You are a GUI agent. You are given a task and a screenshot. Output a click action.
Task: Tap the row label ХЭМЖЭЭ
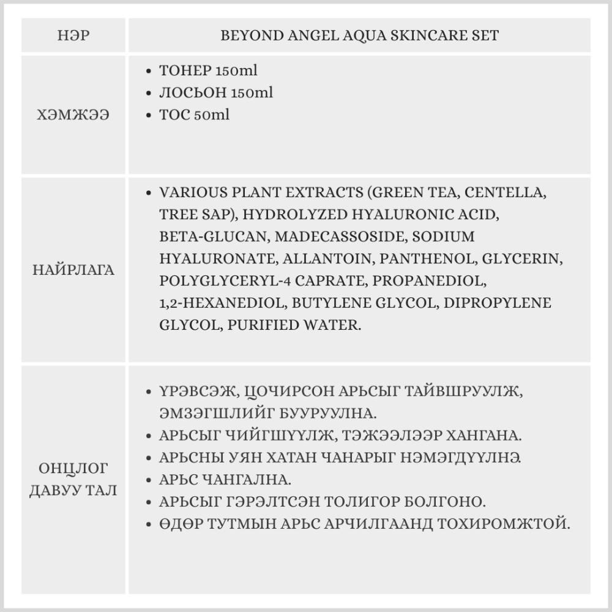click(x=73, y=114)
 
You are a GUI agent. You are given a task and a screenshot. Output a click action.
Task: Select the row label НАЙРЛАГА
click(x=73, y=270)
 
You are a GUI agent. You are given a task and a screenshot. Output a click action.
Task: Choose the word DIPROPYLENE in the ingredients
click(x=497, y=303)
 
